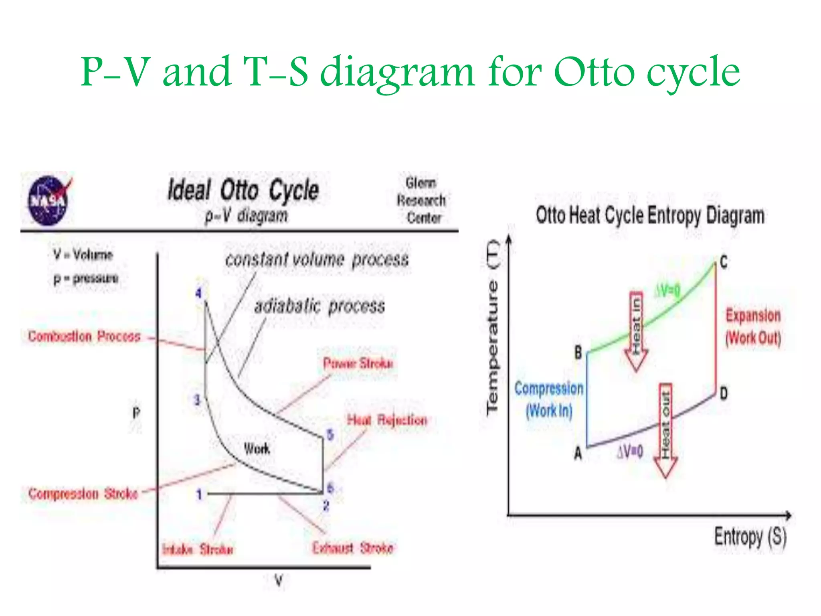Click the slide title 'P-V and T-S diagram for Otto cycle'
[x=410, y=72]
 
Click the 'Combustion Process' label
[x=84, y=336]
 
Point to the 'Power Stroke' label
[x=358, y=363]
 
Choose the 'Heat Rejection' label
[x=387, y=420]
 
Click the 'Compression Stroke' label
[x=83, y=493]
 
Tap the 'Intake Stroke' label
[x=197, y=549]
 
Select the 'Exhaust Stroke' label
[x=353, y=548]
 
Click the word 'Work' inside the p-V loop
[x=257, y=448]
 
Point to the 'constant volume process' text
[x=317, y=259]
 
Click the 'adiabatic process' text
[x=320, y=306]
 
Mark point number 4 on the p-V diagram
[x=198, y=293]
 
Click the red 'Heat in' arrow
[x=636, y=331]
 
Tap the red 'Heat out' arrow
[x=665, y=429]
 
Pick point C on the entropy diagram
[x=723, y=263]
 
